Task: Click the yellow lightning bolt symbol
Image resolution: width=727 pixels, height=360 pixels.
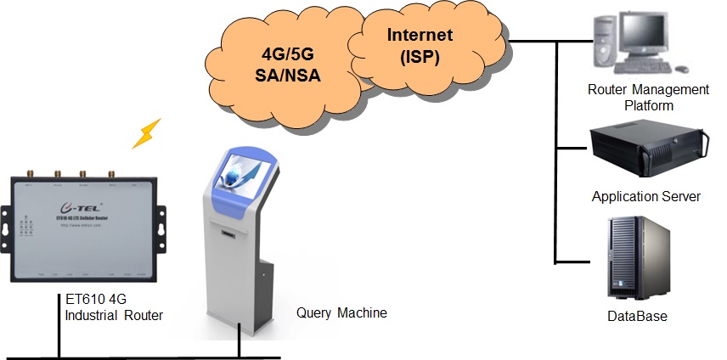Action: [x=150, y=132]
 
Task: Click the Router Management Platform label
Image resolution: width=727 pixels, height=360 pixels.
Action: [x=649, y=98]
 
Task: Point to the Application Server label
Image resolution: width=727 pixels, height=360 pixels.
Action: [x=645, y=196]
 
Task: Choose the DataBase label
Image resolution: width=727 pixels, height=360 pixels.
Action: [x=637, y=317]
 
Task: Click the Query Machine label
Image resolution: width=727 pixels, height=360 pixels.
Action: [x=341, y=312]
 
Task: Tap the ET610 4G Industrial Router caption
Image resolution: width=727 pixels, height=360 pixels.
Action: [x=114, y=307]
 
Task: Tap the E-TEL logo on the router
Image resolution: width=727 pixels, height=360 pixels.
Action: [x=77, y=206]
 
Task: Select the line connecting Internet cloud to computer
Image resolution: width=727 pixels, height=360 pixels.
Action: [x=535, y=39]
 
